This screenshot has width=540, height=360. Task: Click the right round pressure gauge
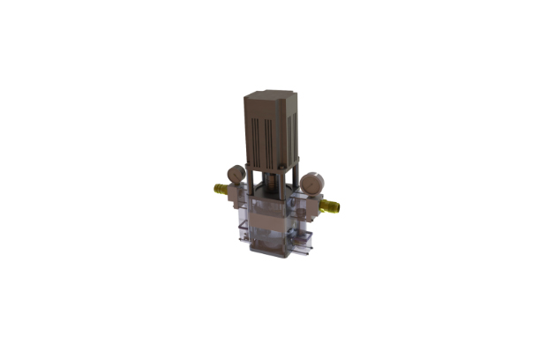(311, 183)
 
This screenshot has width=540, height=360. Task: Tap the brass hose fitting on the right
(332, 208)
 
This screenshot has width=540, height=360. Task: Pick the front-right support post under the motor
(284, 189)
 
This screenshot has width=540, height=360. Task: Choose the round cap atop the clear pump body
(267, 205)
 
